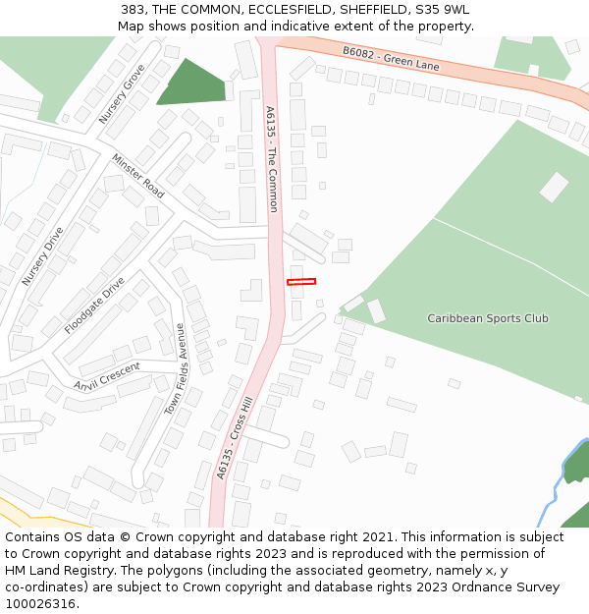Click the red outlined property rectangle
point(301,282)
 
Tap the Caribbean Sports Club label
point(488,318)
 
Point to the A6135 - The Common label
point(272,159)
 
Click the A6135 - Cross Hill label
point(236,438)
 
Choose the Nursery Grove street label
point(122,93)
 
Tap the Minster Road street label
point(137,176)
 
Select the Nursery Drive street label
point(42,256)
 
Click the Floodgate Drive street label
point(94,306)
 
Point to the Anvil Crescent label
point(107,374)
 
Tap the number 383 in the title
point(134,10)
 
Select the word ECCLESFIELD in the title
point(290,10)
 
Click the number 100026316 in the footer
point(42,603)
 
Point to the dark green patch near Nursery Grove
point(192,84)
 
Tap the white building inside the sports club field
point(554,187)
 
